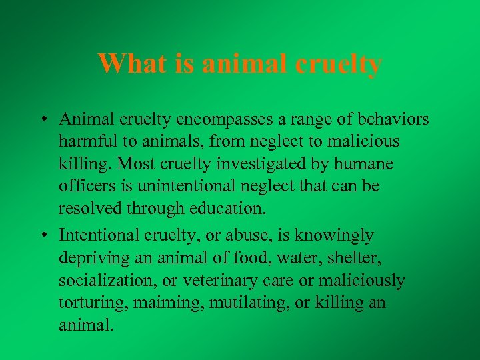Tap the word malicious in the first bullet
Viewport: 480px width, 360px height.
362,141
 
